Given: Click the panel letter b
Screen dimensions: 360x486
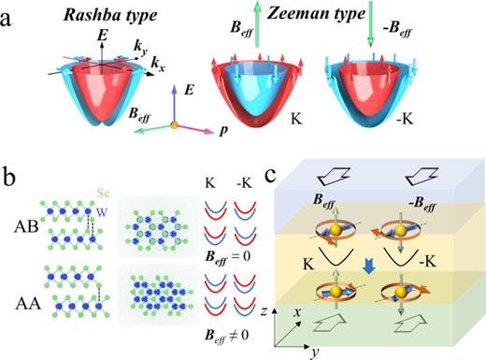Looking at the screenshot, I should [8, 176].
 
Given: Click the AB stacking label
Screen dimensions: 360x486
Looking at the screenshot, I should [31, 231].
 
